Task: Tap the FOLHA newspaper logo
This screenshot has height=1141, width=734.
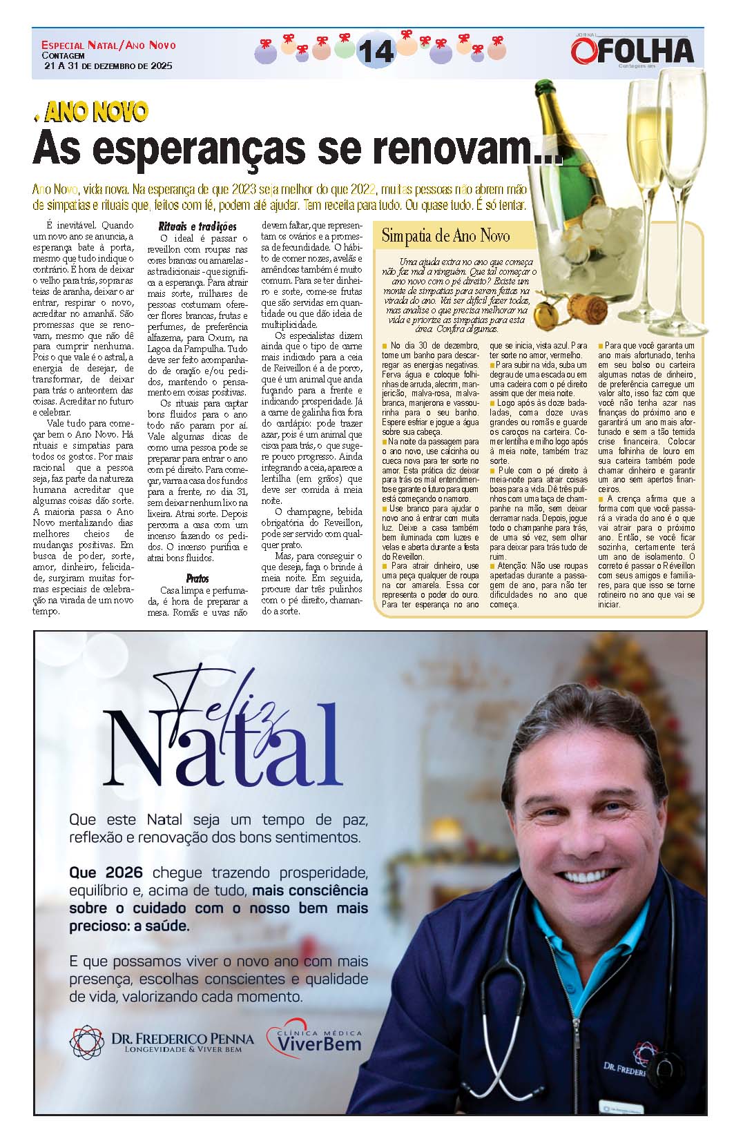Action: click(x=632, y=50)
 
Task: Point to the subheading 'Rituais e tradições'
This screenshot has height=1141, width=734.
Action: click(x=197, y=226)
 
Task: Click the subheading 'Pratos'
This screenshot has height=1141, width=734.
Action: click(x=197, y=578)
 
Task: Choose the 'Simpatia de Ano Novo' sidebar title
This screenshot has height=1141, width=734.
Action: click(x=445, y=236)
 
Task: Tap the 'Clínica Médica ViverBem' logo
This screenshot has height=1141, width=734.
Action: click(x=314, y=1040)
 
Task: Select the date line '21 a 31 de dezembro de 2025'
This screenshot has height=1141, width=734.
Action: click(x=108, y=66)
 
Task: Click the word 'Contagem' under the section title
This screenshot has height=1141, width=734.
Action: click(x=63, y=56)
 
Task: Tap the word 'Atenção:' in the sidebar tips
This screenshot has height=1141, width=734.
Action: click(x=508, y=565)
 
